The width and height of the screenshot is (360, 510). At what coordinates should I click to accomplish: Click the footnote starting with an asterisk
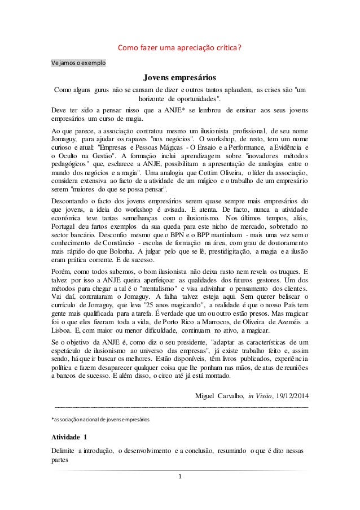point(102,420)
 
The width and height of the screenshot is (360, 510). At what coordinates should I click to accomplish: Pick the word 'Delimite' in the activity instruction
point(63,453)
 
